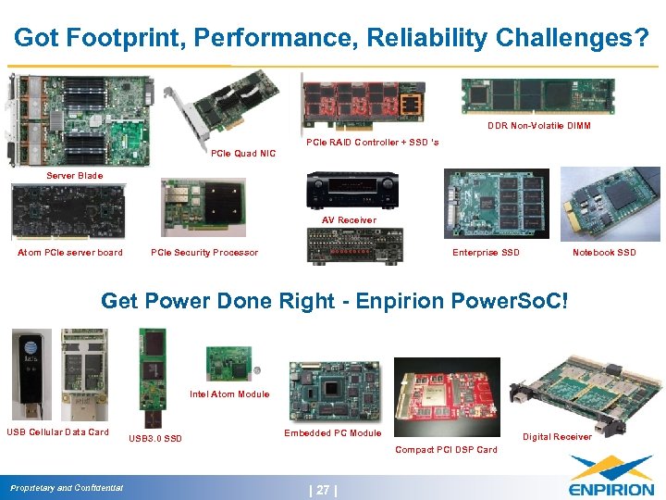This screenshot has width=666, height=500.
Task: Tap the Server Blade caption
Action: click(76, 175)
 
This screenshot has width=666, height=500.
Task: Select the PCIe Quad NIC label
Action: click(243, 154)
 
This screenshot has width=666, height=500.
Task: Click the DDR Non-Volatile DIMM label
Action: click(539, 126)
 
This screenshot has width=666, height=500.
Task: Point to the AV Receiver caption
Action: click(349, 220)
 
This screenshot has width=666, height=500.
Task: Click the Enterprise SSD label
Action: click(486, 253)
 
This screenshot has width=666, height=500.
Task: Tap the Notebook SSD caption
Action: click(604, 253)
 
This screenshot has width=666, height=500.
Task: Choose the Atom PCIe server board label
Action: click(70, 253)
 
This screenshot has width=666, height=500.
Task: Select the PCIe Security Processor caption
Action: click(204, 253)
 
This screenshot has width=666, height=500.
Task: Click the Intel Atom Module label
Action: click(229, 394)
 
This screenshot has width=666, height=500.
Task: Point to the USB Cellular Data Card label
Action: click(57, 431)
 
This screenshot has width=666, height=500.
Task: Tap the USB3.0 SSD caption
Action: click(155, 438)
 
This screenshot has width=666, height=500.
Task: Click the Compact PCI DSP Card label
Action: click(446, 450)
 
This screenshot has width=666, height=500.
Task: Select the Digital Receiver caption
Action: click(557, 437)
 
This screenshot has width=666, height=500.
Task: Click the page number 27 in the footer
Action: click(323, 490)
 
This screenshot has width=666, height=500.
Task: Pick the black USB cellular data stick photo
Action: click(31, 374)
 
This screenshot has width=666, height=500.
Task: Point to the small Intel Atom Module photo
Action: click(228, 363)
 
